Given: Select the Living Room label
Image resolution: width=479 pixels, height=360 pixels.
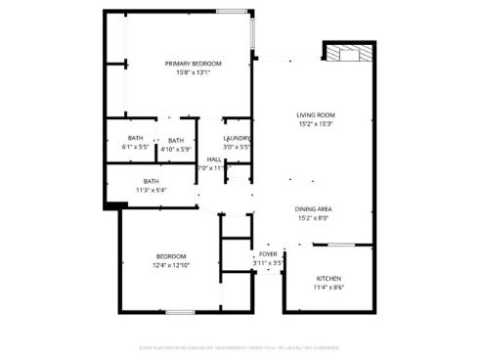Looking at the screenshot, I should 316,115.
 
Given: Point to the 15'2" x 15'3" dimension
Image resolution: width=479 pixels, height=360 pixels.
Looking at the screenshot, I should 316,124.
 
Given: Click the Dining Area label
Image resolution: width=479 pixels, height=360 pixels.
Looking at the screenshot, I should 315,209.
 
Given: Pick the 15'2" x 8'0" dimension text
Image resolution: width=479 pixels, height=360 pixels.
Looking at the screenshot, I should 315,218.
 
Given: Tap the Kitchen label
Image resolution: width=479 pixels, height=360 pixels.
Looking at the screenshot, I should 328,279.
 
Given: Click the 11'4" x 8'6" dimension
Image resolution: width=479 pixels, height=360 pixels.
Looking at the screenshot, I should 328,288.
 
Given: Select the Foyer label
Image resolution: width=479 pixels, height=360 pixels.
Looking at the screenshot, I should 268,254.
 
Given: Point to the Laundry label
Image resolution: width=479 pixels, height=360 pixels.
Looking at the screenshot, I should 239,139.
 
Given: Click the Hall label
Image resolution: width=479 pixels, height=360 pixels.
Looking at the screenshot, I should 214,159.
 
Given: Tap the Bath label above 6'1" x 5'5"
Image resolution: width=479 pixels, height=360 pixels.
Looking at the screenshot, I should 135,138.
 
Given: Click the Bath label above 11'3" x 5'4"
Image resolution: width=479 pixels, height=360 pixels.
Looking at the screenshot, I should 152,180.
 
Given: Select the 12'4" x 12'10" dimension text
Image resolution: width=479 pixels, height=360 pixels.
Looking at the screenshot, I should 171,265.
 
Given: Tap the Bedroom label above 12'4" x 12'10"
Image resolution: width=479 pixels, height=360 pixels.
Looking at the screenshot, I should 171,256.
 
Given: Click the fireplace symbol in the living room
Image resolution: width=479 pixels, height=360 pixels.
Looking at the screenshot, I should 349,53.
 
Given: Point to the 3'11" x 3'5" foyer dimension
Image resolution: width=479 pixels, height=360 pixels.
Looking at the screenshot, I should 268,263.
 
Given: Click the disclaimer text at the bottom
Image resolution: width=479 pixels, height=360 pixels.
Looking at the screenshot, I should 239,344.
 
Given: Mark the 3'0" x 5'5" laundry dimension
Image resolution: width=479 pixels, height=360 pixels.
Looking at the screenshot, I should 239,148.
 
